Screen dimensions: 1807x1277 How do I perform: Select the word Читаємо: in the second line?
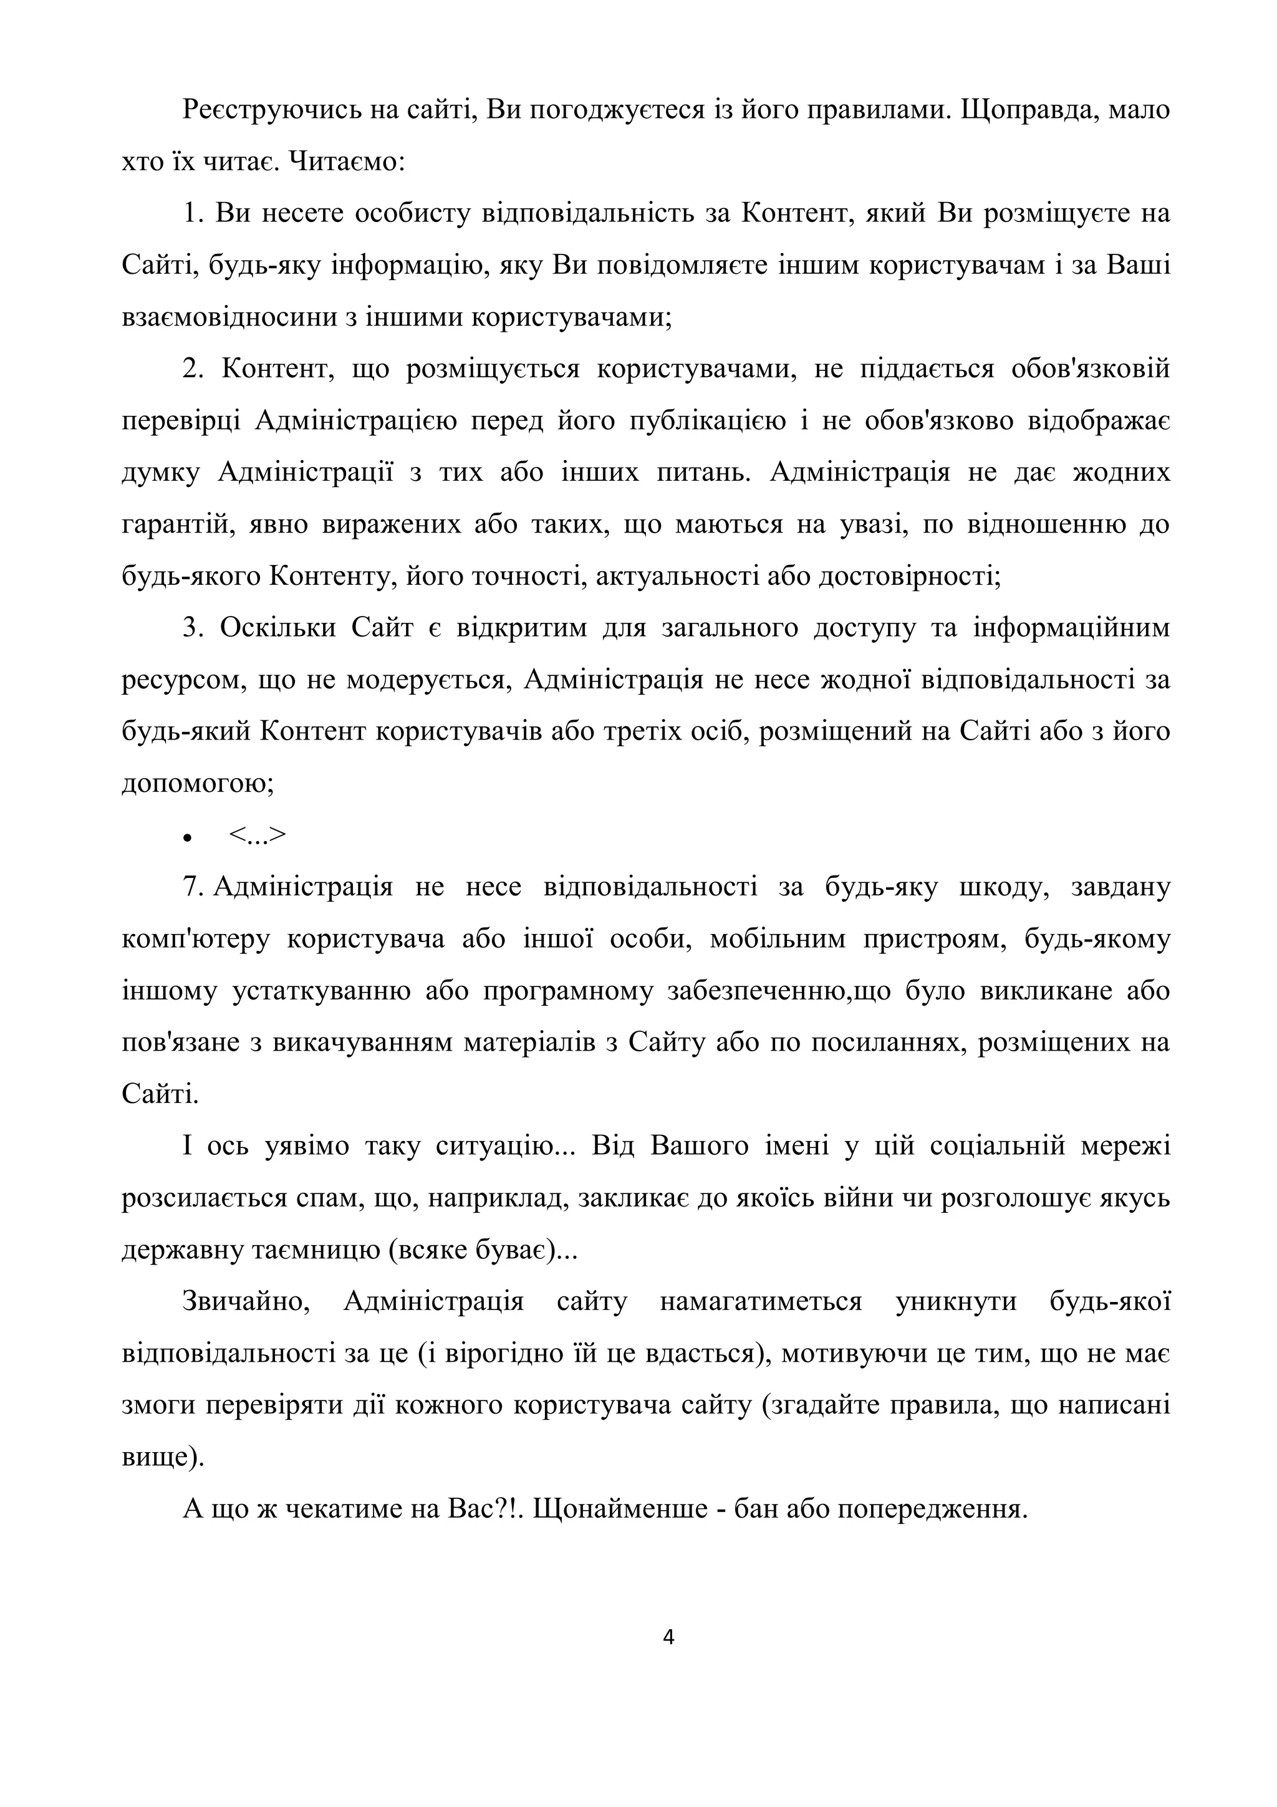[x=347, y=161]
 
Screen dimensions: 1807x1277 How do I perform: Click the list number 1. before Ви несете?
[x=193, y=213]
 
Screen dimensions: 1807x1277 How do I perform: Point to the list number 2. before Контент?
[x=193, y=369]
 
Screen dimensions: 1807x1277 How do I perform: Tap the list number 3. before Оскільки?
[x=193, y=627]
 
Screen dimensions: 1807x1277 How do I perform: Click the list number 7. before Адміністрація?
[x=193, y=887]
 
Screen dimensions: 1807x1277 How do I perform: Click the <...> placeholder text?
[x=258, y=836]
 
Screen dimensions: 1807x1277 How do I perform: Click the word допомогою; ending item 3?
[x=198, y=784]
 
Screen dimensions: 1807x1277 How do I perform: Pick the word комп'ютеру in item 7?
[x=196, y=940]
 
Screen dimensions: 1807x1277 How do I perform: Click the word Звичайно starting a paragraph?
[x=246, y=1302]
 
